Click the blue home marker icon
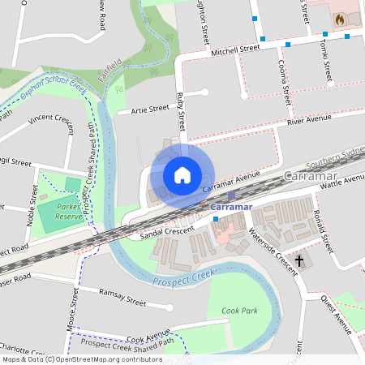coord(182,174)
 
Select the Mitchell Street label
coord(234,49)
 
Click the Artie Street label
coord(148,108)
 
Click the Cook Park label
coord(238,311)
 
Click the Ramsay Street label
coord(122,298)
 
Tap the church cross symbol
coord(299,261)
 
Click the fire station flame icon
coord(339,16)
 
